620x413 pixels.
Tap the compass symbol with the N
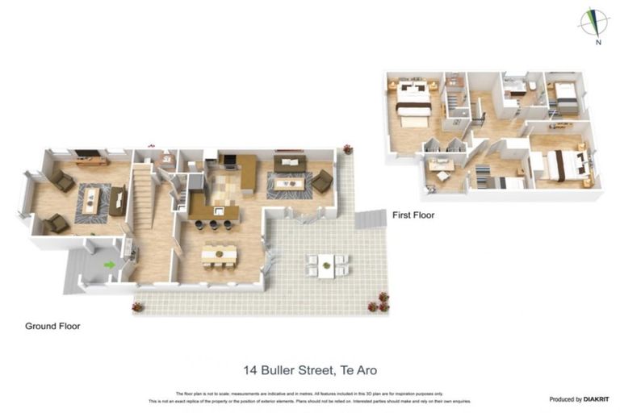point(593,23)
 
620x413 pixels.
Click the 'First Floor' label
point(413,215)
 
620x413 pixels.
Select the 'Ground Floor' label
point(52,326)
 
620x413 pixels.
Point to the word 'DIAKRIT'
point(596,399)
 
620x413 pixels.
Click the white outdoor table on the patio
point(326,265)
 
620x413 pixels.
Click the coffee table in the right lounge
point(288,184)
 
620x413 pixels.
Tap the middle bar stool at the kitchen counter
point(212,225)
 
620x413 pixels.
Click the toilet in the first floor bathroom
point(533,87)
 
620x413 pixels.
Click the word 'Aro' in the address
point(366,370)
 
